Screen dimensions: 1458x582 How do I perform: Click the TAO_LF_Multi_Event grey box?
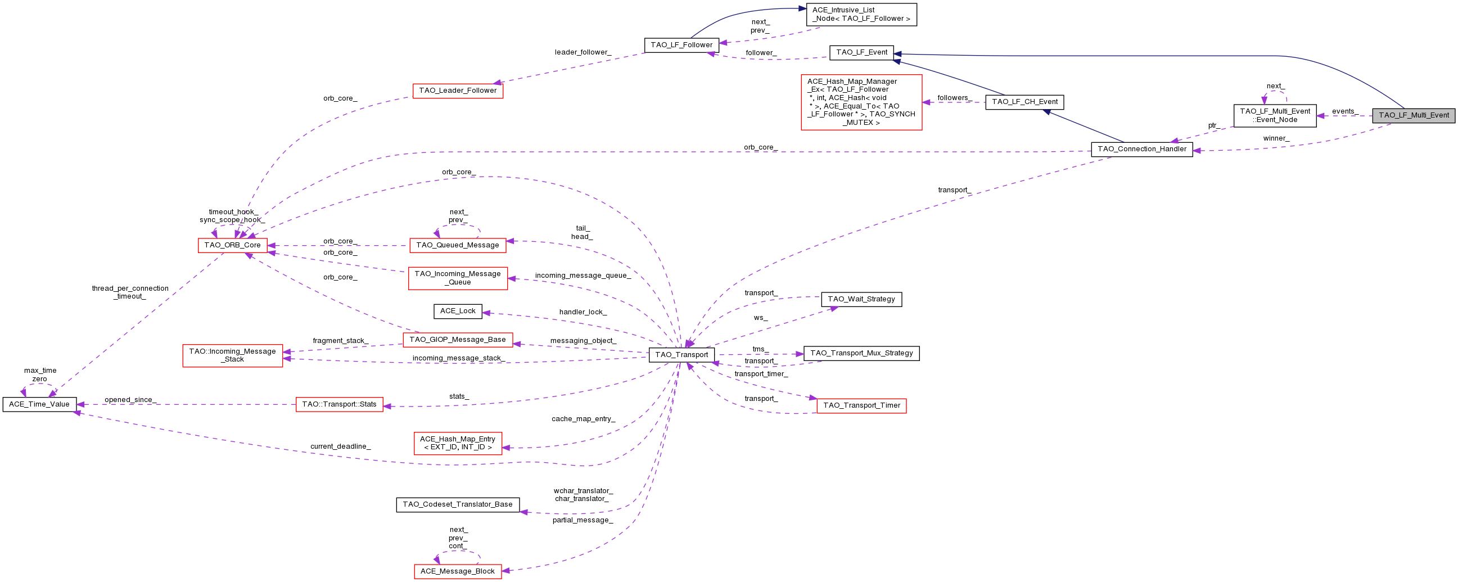1413,115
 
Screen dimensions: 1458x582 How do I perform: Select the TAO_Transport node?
681,355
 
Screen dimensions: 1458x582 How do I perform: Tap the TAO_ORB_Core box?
233,245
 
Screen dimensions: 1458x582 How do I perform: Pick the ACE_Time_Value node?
39,404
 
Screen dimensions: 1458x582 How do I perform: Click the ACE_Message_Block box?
458,571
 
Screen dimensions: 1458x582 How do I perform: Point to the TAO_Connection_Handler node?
1141,150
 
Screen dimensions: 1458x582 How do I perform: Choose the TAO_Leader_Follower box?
458,91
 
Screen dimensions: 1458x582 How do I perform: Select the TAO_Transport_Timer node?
861,405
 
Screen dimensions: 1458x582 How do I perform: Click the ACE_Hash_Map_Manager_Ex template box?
861,102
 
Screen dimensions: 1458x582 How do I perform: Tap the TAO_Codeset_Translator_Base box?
458,504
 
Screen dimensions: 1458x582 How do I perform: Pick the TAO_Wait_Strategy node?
861,299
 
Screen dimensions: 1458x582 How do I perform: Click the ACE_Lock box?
458,311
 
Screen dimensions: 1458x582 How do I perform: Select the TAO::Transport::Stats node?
340,404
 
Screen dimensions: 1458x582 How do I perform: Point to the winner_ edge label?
1276,138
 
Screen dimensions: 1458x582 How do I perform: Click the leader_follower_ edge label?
583,52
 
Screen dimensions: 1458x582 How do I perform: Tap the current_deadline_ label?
340,446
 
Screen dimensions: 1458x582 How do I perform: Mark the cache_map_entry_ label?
583,419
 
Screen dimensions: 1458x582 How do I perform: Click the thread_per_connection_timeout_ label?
130,292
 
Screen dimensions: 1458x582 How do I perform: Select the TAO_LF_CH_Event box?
1024,102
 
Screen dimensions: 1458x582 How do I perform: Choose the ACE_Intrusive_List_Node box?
861,15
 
